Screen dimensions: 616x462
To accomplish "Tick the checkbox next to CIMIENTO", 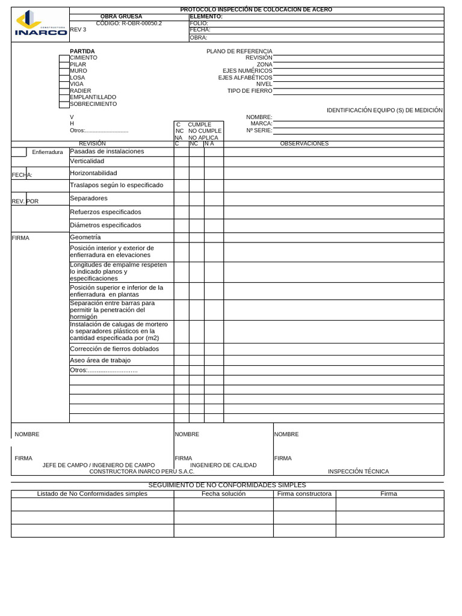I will (64, 58).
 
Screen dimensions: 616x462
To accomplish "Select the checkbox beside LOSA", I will (64, 78).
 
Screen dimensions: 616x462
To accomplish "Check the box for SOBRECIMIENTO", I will (64, 104).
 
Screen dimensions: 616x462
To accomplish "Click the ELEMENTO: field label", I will (206, 17).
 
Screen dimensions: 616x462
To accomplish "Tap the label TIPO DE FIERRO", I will (250, 91).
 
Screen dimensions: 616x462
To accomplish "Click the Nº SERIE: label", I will (259, 130).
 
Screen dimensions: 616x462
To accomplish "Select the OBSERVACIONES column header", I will (304, 144).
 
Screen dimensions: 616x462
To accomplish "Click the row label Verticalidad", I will (87, 161).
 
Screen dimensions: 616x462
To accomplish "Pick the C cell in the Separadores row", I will (181, 199).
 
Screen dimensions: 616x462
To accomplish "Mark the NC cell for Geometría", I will (197, 237).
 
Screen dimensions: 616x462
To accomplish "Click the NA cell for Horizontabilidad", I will (214, 173).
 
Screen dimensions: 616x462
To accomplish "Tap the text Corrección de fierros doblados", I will (114, 349).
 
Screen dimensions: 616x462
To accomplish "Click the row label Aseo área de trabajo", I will (100, 360).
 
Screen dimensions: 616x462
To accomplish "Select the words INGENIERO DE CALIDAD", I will (223, 465).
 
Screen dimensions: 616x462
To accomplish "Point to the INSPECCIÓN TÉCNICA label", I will (358, 472).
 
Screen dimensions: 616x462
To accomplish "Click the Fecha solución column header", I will (223, 494).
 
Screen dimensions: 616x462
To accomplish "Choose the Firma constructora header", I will (304, 494).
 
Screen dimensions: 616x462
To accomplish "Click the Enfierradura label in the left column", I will (48, 152).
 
